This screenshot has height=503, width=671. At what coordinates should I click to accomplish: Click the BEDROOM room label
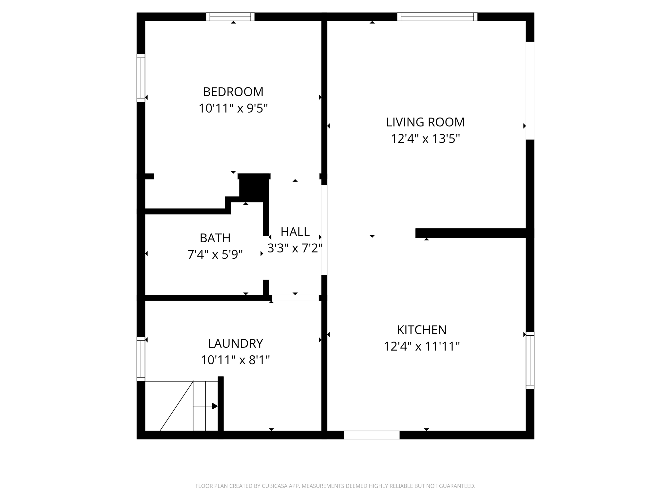pos(233,92)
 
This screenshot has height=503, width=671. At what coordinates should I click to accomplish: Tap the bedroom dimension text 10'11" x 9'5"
pos(233,108)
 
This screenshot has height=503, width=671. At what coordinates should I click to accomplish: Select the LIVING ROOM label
pos(425,122)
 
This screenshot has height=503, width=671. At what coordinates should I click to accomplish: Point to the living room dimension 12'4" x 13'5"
pos(425,139)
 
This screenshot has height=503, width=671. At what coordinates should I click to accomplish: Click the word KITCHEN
pos(422,330)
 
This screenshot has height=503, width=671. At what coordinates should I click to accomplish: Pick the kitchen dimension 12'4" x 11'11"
pos(422,346)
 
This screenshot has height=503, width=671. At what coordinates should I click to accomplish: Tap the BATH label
pos(215,238)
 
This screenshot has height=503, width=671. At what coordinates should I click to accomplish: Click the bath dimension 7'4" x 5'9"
pos(215,254)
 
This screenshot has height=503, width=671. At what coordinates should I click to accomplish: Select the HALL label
pos(295,232)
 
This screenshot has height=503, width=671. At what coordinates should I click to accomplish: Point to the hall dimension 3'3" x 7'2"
pos(295,248)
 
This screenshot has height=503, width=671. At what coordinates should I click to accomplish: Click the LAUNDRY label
pos(235,344)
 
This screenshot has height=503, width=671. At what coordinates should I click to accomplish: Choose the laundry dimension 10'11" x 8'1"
pos(235,360)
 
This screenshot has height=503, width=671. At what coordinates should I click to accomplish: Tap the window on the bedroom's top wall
pos(230,17)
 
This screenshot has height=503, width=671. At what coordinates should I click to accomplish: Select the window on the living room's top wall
pos(437,17)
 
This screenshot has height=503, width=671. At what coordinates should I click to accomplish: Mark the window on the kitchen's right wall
pos(530,360)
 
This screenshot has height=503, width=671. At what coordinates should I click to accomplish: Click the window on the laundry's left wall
pos(141,359)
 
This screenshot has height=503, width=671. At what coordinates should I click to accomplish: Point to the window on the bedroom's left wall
pos(141,78)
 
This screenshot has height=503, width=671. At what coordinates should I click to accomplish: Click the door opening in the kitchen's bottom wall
pos(372,435)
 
